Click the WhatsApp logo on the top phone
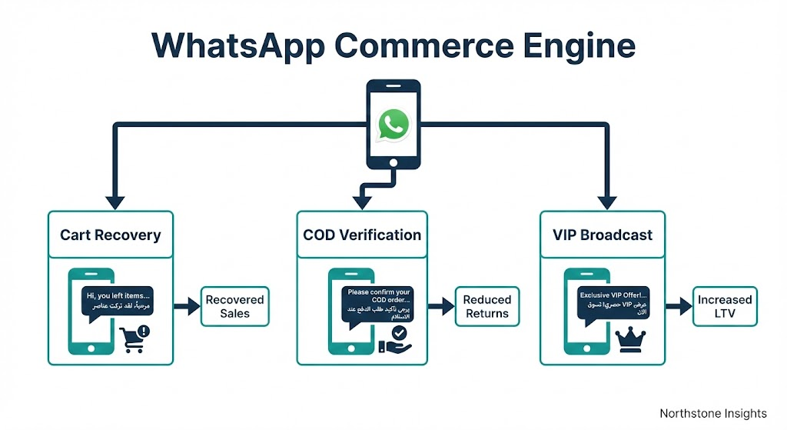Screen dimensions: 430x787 point(393,125)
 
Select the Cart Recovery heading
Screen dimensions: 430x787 point(111,234)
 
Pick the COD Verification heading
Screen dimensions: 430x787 point(362,234)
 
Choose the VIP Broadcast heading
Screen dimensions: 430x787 point(603,234)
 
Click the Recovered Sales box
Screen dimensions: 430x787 point(234,306)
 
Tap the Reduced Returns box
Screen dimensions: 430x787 point(486,306)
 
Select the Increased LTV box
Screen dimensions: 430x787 point(724,306)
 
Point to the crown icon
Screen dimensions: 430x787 point(630,336)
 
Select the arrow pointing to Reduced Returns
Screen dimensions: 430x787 point(440,306)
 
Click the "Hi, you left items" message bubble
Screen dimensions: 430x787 point(117,301)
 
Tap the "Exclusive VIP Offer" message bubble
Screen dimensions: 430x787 point(613,301)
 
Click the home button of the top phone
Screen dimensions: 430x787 point(393,163)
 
